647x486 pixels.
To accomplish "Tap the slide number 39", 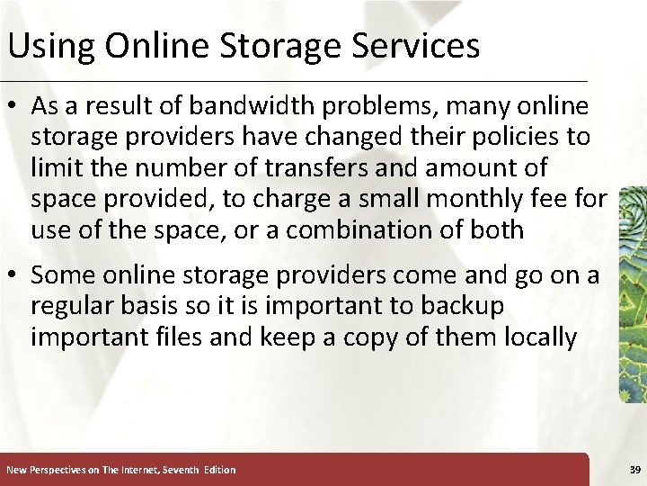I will point(635,470).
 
